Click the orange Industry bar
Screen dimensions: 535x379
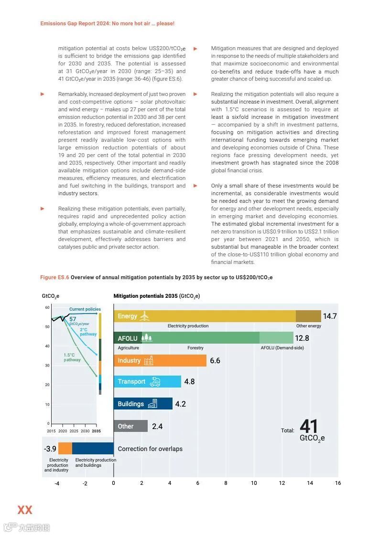click(160, 361)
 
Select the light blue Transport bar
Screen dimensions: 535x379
click(147, 382)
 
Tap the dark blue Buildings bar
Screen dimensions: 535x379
click(143, 404)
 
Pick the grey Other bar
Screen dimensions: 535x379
click(130, 426)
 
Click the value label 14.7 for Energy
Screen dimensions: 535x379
click(330, 316)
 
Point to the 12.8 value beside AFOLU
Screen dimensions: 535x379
click(302, 338)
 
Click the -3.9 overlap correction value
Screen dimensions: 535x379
click(50, 449)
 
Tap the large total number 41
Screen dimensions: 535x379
click(309, 427)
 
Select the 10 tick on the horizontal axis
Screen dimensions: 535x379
click(254, 483)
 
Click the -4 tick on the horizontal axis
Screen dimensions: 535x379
click(57, 483)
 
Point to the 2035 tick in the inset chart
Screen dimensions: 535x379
click(97, 431)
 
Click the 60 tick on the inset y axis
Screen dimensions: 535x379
click(47, 307)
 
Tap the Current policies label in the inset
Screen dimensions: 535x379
click(85, 309)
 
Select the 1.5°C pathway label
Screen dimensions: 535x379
click(72, 357)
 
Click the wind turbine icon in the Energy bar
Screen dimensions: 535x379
click(145, 316)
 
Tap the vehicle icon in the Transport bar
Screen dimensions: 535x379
click(155, 382)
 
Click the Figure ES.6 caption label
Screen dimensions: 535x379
click(54, 277)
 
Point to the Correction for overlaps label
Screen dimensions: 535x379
click(150, 449)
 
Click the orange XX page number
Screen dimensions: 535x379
click(25, 510)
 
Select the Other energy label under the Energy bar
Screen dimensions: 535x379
click(309, 326)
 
